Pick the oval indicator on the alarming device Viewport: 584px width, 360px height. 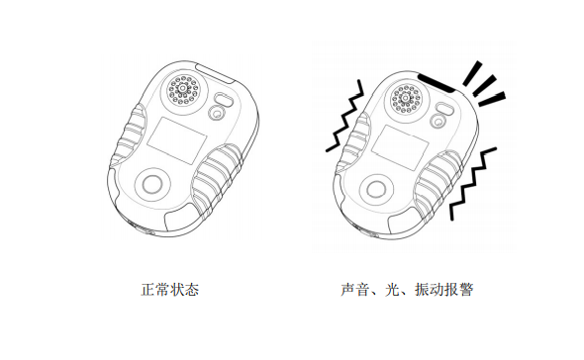tap(447, 103)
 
